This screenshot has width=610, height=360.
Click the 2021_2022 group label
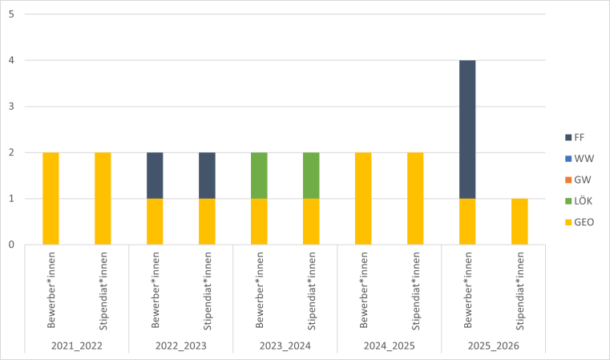pyautogui.click(x=77, y=346)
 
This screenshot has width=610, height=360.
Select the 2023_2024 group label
pyautogui.click(x=285, y=346)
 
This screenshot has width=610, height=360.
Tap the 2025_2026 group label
pyautogui.click(x=494, y=346)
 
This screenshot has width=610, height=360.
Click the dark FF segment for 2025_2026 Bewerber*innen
pyautogui.click(x=467, y=129)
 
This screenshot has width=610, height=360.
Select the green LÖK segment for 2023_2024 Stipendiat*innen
pyautogui.click(x=311, y=176)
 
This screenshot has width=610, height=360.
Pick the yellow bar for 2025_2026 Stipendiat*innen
pyautogui.click(x=519, y=221)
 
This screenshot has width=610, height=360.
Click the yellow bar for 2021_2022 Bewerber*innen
pyautogui.click(x=50, y=198)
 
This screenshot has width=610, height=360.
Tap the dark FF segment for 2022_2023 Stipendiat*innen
pyautogui.click(x=207, y=176)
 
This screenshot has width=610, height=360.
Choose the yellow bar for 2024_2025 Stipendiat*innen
pyautogui.click(x=415, y=198)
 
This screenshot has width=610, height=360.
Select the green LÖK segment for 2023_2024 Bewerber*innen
pyautogui.click(x=259, y=176)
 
